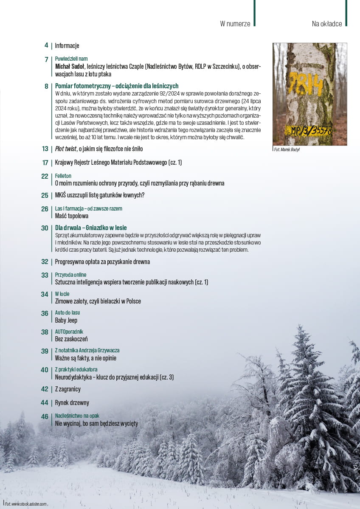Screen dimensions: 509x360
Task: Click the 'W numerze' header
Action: pos(235,24)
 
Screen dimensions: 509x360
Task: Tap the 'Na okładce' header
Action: pos(326,24)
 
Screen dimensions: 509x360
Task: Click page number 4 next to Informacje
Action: pos(46,45)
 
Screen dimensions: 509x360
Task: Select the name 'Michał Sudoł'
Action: pos(70,66)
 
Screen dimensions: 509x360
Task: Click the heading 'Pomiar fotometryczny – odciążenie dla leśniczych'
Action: pos(117,86)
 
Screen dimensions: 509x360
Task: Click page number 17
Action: pos(45,163)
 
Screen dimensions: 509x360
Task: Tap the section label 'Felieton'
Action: pos(63,176)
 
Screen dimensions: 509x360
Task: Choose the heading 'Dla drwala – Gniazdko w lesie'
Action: pos(91,228)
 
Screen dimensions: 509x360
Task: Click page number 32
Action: pos(45,262)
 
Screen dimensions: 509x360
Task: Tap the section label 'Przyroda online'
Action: pos(71,275)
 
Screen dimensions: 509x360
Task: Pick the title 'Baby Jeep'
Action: pos(66,321)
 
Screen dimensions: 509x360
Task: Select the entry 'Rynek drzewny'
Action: pos(72,403)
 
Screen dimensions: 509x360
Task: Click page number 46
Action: pos(45,417)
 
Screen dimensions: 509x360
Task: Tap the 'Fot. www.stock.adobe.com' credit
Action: pos(25,504)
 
